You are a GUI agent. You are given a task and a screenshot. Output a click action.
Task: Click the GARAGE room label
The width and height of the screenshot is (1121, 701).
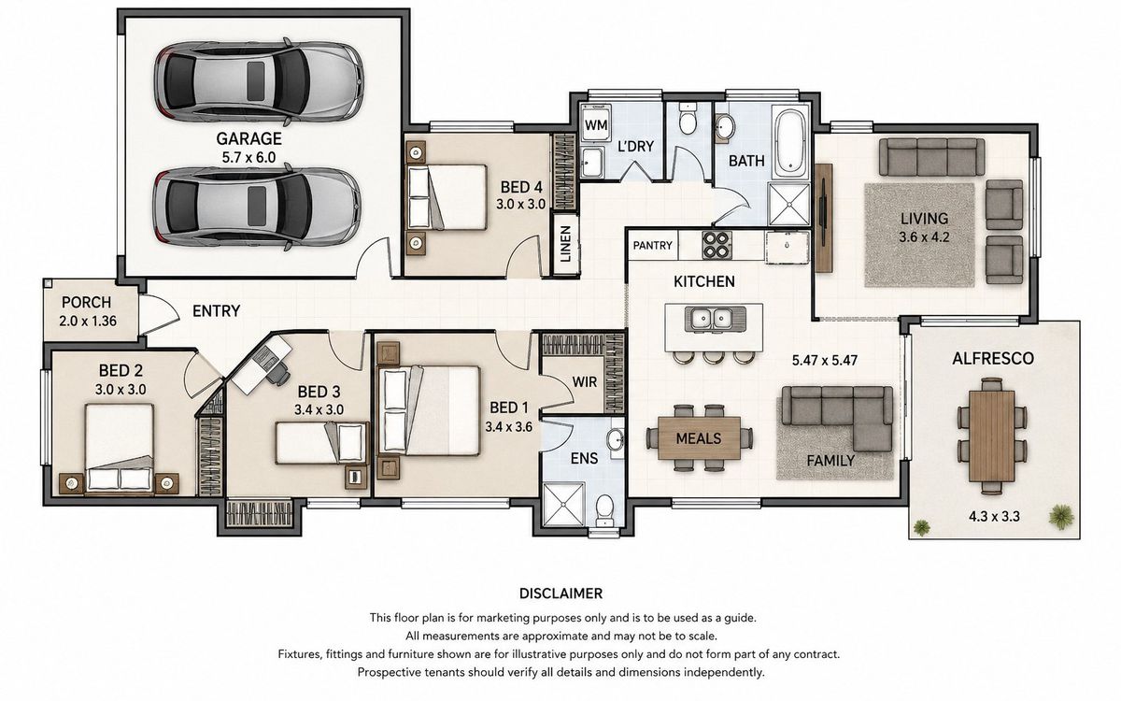coord(248,138)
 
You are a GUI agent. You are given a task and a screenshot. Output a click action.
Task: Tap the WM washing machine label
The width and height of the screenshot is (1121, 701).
coord(596,124)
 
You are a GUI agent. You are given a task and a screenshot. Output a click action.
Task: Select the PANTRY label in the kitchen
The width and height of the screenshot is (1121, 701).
coord(653,245)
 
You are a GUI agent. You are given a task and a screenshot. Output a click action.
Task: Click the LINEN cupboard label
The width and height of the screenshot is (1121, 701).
coord(565,244)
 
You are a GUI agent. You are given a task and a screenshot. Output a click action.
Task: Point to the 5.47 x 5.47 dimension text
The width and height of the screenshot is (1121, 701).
coord(825,360)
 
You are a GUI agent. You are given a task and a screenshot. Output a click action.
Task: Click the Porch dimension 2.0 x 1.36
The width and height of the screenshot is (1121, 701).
coord(88,321)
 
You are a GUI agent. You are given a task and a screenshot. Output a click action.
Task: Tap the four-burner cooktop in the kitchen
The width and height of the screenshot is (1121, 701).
coord(717,245)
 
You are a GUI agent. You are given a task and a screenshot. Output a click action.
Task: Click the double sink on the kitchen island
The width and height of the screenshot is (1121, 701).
coord(712,319)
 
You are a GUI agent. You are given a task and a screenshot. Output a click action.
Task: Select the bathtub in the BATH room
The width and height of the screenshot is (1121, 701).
coord(790,142)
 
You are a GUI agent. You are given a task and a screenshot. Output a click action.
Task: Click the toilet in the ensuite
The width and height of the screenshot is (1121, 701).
coord(605,509)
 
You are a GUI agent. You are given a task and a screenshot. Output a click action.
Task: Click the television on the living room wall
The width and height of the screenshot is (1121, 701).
coord(823,217)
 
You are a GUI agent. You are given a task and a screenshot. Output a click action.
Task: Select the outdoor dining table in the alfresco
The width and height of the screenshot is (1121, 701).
coord(992,436)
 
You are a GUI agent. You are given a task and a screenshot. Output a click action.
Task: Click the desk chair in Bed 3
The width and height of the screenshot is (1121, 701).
coord(277,373)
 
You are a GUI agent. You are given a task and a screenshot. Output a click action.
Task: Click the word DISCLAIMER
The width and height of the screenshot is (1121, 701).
coord(561,594)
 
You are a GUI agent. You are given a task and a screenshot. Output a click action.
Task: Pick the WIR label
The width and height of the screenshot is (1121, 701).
coord(585,382)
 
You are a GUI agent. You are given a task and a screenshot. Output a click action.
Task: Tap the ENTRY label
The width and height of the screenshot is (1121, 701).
coord(216,311)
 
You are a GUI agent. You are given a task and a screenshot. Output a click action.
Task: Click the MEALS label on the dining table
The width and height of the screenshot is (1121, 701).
coord(699,438)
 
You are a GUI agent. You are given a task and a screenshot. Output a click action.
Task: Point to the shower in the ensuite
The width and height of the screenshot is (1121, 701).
coord(564,504)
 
